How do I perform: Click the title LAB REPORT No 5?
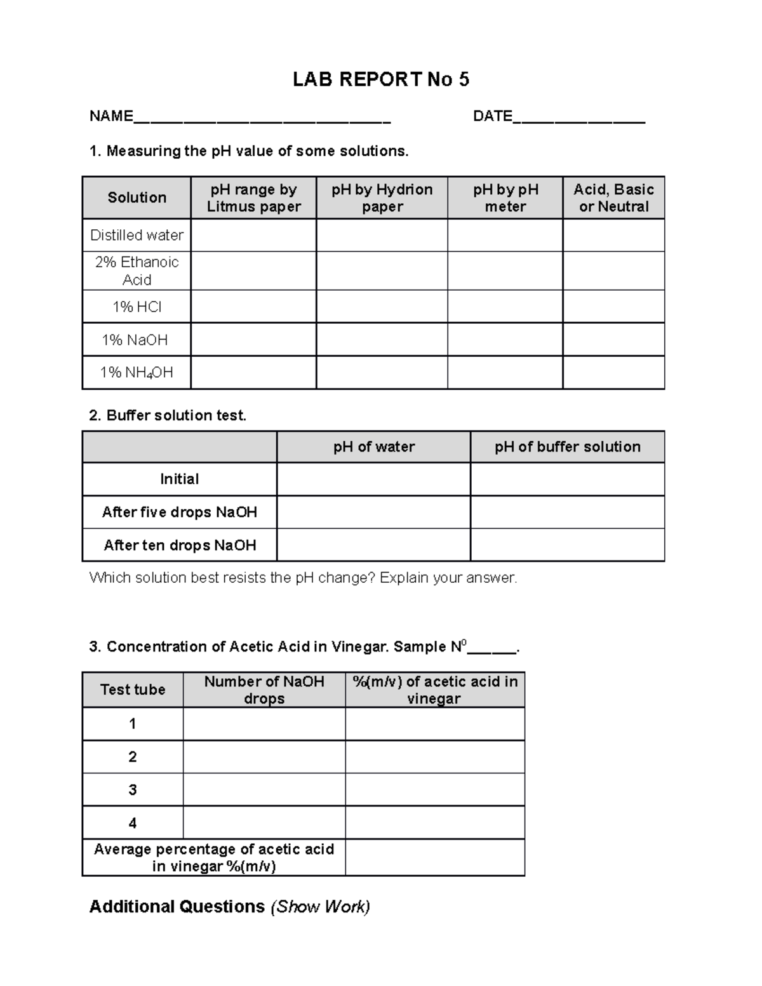[x=380, y=79]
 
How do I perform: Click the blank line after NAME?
[x=262, y=118]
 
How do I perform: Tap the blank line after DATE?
[x=578, y=118]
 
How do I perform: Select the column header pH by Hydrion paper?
[x=382, y=198]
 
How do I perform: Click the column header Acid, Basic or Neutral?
[x=613, y=198]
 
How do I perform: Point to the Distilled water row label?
[x=137, y=236]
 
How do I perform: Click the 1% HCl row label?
[x=137, y=307]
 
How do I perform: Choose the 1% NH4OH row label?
[x=137, y=373]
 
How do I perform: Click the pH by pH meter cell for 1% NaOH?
[x=505, y=340]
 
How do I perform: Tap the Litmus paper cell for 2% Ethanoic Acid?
[x=253, y=271]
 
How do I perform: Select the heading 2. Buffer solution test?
[x=168, y=416]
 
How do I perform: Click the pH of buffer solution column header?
[x=567, y=447]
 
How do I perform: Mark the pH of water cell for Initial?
[x=373, y=479]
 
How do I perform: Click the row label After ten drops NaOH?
[x=180, y=545]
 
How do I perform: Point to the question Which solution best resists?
[x=303, y=578]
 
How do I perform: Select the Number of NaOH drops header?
[x=264, y=690]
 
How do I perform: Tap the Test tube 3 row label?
[x=133, y=790]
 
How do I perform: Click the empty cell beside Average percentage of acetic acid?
[x=435, y=858]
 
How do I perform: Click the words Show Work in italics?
[x=321, y=907]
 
